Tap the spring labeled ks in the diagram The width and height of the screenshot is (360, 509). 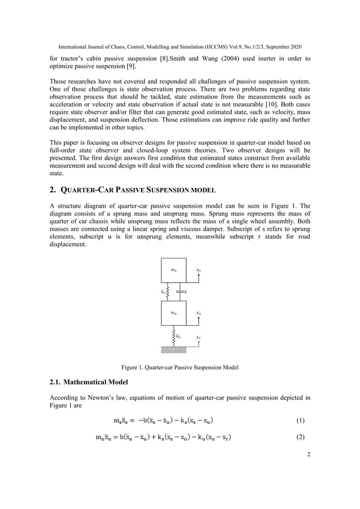[168, 292]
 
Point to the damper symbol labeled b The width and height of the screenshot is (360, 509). [179, 292]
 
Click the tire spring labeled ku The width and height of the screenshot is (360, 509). [173, 336]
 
